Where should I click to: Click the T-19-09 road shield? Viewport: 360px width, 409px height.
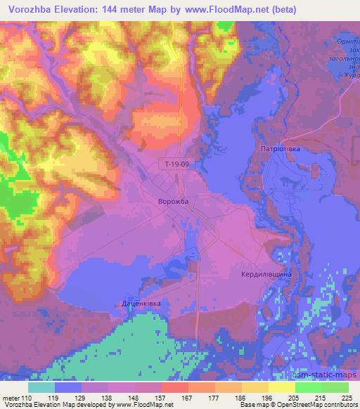173,164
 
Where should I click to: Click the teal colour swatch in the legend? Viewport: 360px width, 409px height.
41,387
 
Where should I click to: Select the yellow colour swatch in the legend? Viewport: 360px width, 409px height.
282,387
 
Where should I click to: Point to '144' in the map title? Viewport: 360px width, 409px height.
120,10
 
